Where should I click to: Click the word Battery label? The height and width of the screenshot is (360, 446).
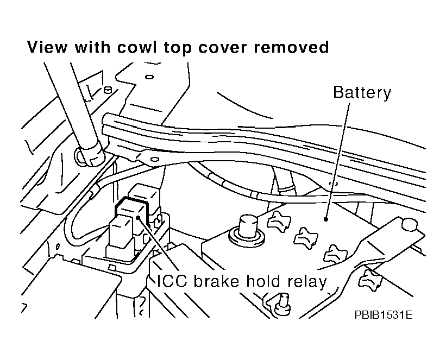[x=362, y=92]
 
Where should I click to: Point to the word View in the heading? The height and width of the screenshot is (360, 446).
[x=48, y=48]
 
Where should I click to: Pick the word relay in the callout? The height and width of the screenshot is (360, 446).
[x=309, y=281]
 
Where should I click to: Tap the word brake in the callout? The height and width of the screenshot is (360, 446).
[x=213, y=281]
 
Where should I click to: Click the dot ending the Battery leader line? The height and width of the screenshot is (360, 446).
[x=325, y=220]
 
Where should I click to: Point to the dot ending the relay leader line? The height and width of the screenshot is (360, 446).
[x=140, y=217]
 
